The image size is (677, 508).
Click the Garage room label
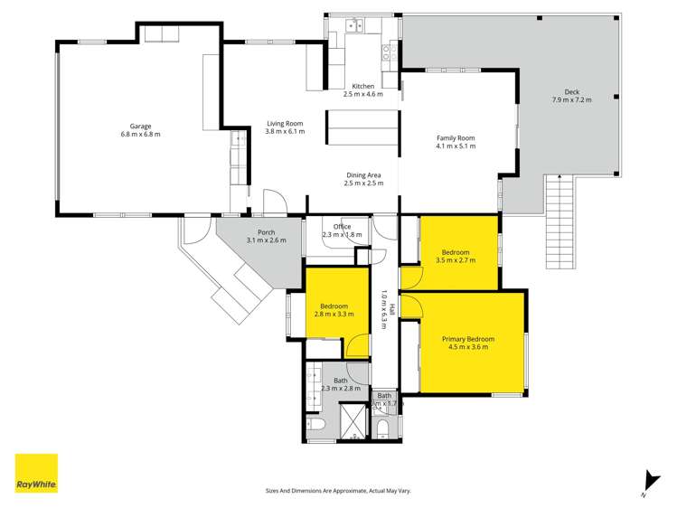[x=139, y=126]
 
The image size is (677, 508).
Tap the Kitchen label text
[x=362, y=85]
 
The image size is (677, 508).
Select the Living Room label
[x=285, y=123]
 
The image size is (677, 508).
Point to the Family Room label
[x=455, y=137]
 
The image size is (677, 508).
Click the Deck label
[x=570, y=90]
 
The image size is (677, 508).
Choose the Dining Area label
[x=363, y=174]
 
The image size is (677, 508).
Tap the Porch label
[x=265, y=231]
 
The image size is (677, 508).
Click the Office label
[x=342, y=227]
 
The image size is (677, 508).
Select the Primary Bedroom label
[x=465, y=339]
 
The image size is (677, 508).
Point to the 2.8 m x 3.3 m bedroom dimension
[x=334, y=315]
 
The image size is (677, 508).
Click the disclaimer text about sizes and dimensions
[x=338, y=490]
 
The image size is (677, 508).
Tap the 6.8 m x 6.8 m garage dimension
[x=139, y=135]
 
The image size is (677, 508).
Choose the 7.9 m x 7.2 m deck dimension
[x=570, y=99]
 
